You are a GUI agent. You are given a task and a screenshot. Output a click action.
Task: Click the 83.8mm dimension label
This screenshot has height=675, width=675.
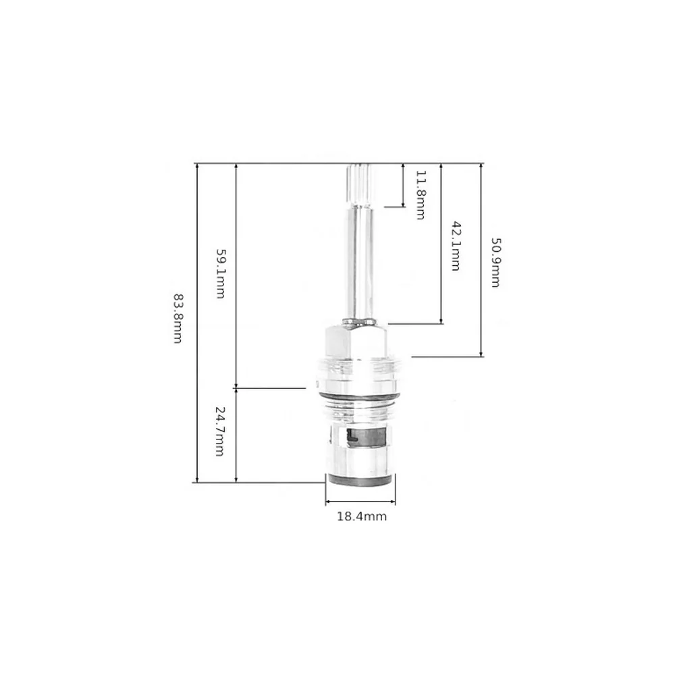pos(178,319)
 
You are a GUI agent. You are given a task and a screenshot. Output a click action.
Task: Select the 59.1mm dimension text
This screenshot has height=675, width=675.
pos(221,274)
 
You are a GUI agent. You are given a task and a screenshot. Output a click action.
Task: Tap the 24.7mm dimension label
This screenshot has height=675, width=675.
pos(219,431)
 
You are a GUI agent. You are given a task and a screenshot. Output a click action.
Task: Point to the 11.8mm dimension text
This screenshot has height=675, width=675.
pos(421,195)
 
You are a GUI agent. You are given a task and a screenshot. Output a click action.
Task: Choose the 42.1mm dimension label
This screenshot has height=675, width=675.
pos(456,246)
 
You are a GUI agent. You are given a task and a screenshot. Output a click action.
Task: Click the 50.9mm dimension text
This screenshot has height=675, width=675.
pos(495,263)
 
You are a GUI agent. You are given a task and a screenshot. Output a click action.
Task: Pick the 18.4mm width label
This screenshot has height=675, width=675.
pos(362,516)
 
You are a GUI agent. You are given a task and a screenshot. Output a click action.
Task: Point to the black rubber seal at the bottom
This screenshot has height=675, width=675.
pos(360,481)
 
